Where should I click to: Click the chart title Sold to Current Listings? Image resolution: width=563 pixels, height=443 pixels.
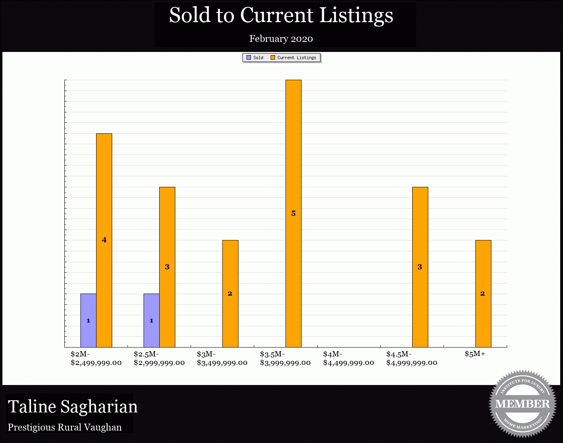pyautogui.click(x=281, y=15)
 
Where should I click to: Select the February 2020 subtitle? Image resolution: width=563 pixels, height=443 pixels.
pyautogui.click(x=281, y=39)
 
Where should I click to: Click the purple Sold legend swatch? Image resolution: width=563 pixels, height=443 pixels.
pyautogui.click(x=249, y=58)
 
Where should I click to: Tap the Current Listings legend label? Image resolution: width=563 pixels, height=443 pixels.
pyautogui.click(x=297, y=58)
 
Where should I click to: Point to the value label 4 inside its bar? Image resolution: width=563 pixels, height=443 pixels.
pyautogui.click(x=104, y=240)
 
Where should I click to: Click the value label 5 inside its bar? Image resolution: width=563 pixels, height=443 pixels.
pyautogui.click(x=294, y=213)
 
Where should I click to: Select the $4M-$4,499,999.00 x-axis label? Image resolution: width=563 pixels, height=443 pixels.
pyautogui.click(x=348, y=358)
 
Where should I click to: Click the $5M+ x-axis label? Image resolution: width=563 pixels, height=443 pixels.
pyautogui.click(x=475, y=354)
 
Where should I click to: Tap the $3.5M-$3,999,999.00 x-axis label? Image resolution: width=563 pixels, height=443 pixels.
pyautogui.click(x=285, y=358)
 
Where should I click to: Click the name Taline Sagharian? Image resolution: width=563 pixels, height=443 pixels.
pyautogui.click(x=73, y=407)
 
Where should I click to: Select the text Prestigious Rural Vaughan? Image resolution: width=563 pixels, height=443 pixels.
pyautogui.click(x=65, y=427)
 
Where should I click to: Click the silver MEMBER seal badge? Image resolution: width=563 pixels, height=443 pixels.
pyautogui.click(x=522, y=404)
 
